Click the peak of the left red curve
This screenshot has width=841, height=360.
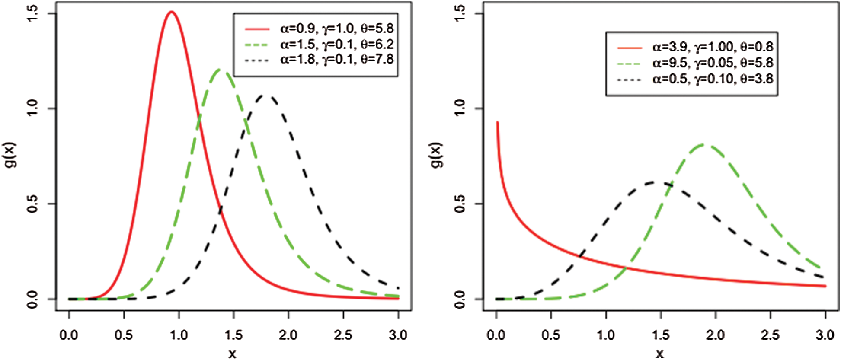172,12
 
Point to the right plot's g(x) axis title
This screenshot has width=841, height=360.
438,155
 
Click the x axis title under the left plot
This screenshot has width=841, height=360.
233,354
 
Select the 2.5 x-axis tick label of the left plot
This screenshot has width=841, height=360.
343,335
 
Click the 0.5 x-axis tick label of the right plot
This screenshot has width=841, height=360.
551,335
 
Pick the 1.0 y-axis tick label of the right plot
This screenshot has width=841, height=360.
460,108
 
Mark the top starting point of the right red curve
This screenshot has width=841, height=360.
497,123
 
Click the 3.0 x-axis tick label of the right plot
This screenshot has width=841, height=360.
825,335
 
